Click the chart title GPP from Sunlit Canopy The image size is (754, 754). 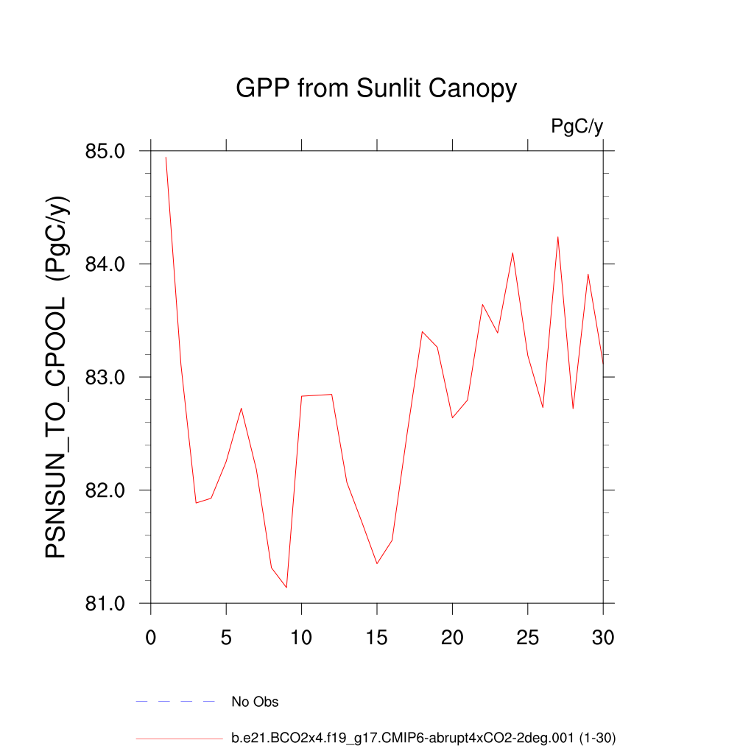point(376,89)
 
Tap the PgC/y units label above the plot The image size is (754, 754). point(577,127)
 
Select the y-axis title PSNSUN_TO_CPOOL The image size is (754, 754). point(57,377)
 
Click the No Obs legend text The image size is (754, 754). point(255,702)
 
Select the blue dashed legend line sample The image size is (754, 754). point(175,702)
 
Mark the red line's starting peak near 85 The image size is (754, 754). point(166,157)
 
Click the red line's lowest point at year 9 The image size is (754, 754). point(286,588)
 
